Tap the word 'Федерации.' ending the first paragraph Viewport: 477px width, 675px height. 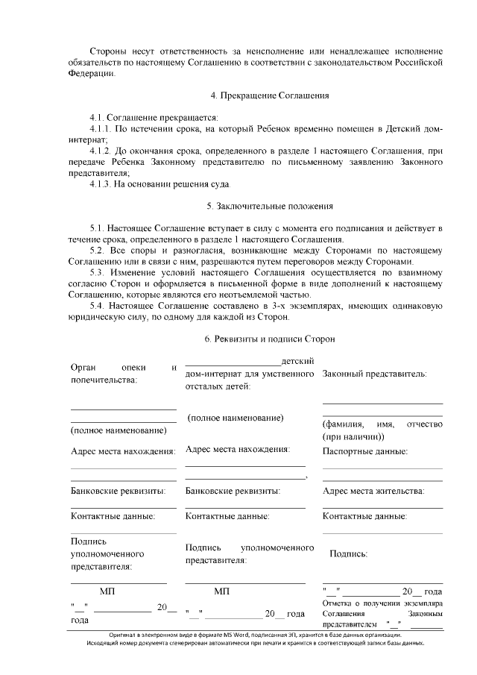93,74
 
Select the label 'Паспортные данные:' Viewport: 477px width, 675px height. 364,451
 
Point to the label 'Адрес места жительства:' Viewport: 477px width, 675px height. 373,491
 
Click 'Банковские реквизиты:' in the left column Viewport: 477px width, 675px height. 118,491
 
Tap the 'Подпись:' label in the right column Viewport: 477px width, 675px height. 348,553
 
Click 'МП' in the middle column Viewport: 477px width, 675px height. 221,591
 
